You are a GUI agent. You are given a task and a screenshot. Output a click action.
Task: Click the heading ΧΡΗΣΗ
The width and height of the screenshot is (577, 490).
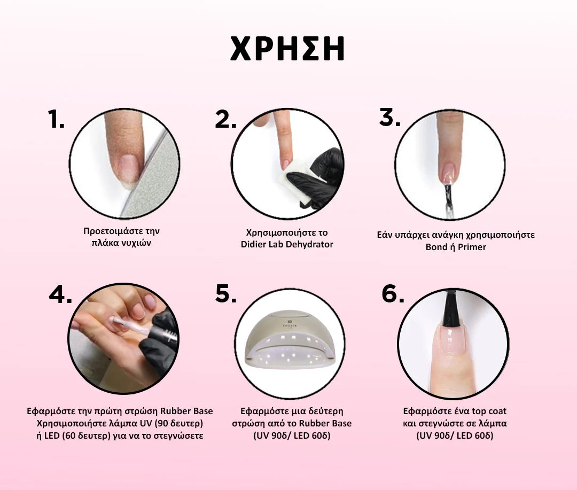pyautogui.click(x=287, y=49)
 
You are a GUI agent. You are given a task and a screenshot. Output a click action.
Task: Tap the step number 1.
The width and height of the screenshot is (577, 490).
pyautogui.click(x=56, y=119)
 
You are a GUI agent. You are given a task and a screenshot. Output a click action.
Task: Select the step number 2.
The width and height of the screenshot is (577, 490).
pyautogui.click(x=225, y=119)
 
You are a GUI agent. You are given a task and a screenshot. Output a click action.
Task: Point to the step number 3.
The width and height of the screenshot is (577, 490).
pyautogui.click(x=389, y=118)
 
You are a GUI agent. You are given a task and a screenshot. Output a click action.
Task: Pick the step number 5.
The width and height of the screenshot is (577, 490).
pyautogui.click(x=226, y=293)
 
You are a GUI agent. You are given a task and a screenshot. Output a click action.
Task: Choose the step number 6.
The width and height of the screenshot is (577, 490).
pyautogui.click(x=393, y=293)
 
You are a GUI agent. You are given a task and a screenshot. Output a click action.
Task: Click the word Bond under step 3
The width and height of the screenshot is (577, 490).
pyautogui.click(x=436, y=247)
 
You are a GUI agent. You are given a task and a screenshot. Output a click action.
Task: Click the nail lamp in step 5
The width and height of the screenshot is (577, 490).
pyautogui.click(x=290, y=340)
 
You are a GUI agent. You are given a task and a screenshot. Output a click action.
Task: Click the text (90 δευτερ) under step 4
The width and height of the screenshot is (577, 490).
pyautogui.click(x=178, y=423)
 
